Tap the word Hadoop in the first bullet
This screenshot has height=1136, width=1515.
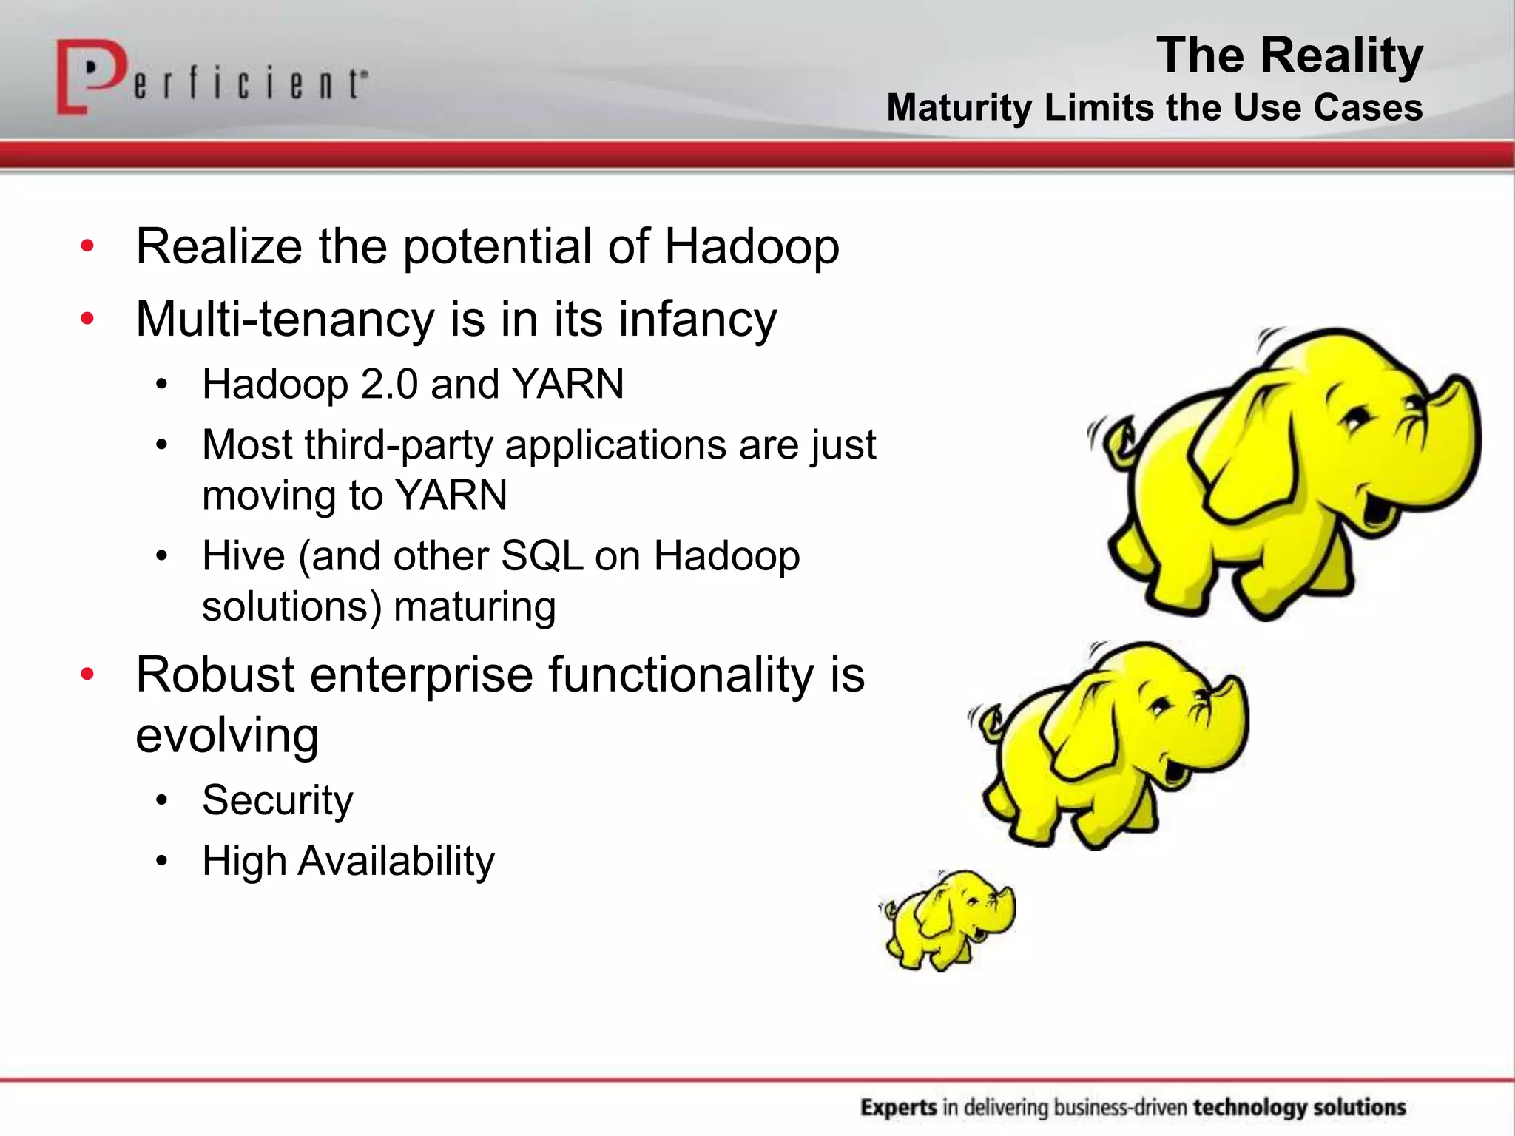[x=751, y=246]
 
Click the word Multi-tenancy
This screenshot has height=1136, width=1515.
[x=285, y=319]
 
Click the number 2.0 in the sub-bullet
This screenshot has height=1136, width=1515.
[x=389, y=385]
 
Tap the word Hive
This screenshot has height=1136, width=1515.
[x=243, y=555]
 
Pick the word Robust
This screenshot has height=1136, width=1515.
[x=215, y=674]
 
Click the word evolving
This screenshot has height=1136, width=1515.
[x=227, y=735]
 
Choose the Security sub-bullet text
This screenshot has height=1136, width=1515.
[x=277, y=800]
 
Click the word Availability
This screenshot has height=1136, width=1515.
[x=396, y=861]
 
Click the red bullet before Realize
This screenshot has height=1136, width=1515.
[x=87, y=246]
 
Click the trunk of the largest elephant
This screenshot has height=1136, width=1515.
[x=1450, y=444]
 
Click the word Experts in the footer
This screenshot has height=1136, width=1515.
[x=898, y=1107]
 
